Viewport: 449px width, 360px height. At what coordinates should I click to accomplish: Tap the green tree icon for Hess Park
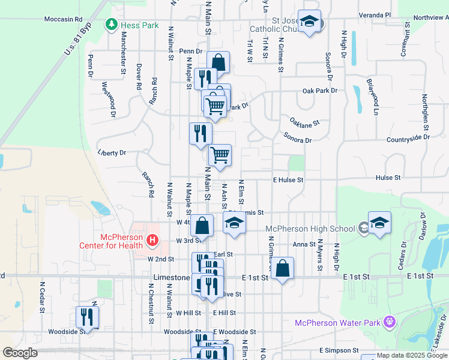tap(112, 25)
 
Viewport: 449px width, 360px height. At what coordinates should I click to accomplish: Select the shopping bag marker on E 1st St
tap(283, 268)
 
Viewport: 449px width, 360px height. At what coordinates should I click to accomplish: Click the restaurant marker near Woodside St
tap(88, 317)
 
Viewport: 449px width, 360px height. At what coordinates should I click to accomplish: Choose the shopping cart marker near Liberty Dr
tap(220, 155)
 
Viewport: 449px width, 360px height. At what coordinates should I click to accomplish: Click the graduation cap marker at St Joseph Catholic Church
tap(309, 22)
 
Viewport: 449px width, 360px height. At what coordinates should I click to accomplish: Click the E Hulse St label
tap(289, 179)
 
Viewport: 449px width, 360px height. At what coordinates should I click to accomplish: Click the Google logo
tap(20, 353)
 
